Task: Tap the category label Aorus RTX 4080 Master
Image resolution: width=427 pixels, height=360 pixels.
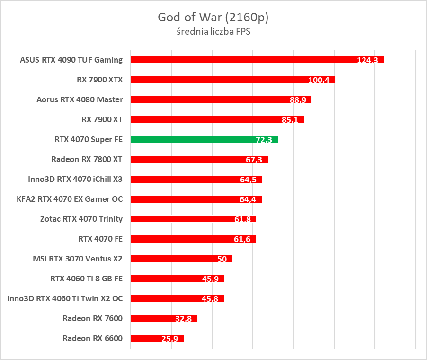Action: [80, 99]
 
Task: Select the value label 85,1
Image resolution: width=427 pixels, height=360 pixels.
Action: [290, 120]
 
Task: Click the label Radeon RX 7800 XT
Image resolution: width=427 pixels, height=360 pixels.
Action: [87, 159]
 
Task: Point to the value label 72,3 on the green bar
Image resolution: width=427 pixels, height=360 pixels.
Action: [263, 140]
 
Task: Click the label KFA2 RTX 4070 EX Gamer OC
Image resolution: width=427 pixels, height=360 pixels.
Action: [70, 199]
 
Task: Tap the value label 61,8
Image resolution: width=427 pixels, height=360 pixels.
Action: [242, 219]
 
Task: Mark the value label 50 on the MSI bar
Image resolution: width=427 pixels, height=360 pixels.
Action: [222, 259]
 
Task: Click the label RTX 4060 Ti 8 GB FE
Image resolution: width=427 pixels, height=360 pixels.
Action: [86, 279]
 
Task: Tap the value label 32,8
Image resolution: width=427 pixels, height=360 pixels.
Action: [183, 319]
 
